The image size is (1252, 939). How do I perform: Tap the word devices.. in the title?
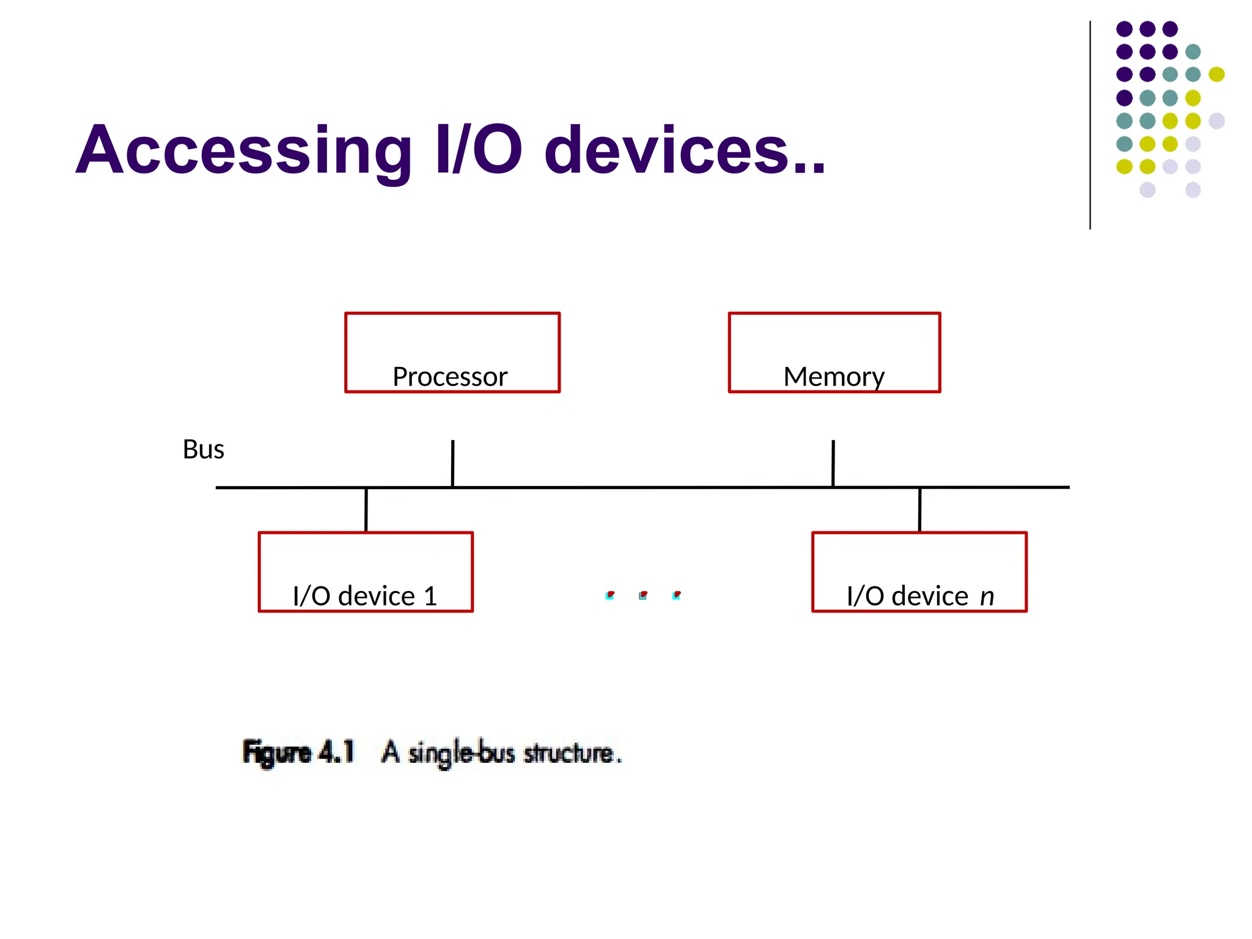pyautogui.click(x=685, y=150)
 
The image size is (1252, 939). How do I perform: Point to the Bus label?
pyautogui.click(x=204, y=449)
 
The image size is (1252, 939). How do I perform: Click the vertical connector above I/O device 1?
pyautogui.click(x=366, y=510)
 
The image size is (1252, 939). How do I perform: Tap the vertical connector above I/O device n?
pyautogui.click(x=919, y=510)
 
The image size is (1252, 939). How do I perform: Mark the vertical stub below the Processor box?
pyautogui.click(x=452, y=463)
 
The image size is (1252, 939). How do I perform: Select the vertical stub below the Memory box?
pyautogui.click(x=833, y=463)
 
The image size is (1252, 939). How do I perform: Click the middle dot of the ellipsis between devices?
pyautogui.click(x=643, y=595)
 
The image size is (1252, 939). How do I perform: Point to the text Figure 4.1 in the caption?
pyautogui.click(x=298, y=752)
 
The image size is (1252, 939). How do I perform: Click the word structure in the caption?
pyautogui.click(x=569, y=753)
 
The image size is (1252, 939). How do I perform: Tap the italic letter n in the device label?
pyautogui.click(x=987, y=597)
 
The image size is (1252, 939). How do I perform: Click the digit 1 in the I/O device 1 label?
pyautogui.click(x=430, y=596)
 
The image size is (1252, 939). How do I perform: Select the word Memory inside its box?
pyautogui.click(x=834, y=377)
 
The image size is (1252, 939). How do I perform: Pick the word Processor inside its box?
pyautogui.click(x=450, y=377)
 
